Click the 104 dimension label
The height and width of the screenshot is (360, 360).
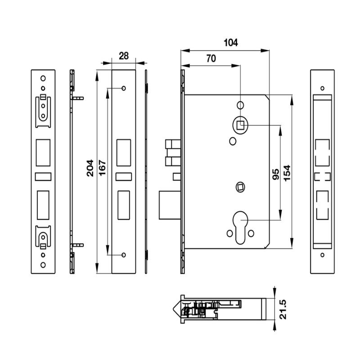point(231,43)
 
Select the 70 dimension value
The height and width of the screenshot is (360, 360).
point(210,58)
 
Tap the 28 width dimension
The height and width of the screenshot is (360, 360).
point(124,56)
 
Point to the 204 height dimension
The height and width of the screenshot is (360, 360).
point(90,168)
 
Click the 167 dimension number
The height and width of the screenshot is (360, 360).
point(102,168)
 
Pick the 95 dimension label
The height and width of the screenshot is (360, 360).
point(276,174)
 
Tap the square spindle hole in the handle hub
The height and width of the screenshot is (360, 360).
point(241,125)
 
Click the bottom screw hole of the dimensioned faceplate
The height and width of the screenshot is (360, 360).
point(124,255)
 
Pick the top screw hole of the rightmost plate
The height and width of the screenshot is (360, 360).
point(322,88)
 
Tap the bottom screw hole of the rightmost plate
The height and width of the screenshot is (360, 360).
point(322,255)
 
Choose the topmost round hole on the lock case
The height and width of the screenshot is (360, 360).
point(241,105)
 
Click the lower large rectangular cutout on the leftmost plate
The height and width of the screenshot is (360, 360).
point(43,203)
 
